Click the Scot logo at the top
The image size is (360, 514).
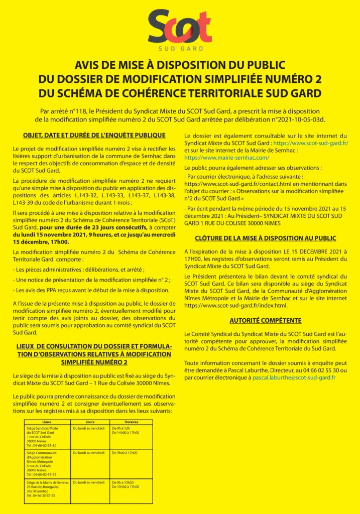(x=180, y=27)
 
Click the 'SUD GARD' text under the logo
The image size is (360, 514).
(x=180, y=49)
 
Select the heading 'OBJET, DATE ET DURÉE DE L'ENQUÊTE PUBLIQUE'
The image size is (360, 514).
(x=94, y=136)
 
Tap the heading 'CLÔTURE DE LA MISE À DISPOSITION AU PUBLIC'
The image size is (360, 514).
(x=266, y=238)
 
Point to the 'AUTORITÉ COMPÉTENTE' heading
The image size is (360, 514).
(x=266, y=320)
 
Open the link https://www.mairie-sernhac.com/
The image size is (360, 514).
(x=227, y=158)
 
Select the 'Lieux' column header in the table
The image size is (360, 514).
(x=47, y=422)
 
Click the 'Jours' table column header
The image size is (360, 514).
(x=90, y=422)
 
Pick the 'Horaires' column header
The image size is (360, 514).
(x=132, y=422)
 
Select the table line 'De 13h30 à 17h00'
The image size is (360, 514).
(x=126, y=486)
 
